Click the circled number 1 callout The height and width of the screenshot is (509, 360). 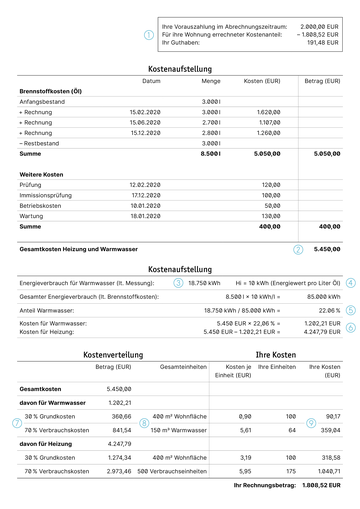149,35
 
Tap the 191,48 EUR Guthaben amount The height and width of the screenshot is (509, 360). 323,43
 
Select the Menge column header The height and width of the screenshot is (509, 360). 211,80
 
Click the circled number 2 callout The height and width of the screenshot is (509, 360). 297,249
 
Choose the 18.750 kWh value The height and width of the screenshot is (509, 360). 204,283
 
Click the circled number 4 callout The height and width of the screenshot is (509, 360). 350,283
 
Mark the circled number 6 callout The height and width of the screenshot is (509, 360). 350,327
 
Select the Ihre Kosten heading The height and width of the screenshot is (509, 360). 276,355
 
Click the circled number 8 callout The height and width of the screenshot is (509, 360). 144,422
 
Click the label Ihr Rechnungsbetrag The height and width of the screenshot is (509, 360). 267,485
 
